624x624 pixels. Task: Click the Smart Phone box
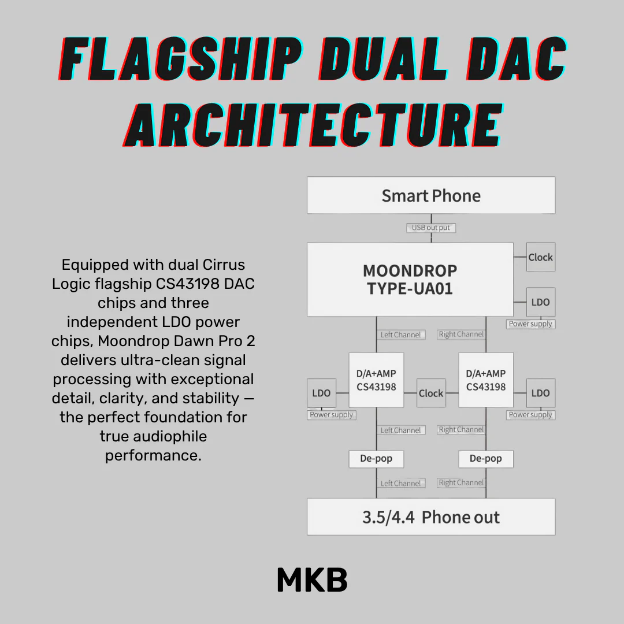[x=431, y=195]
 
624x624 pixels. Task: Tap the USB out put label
[x=431, y=228]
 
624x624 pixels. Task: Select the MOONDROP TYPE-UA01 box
[x=410, y=280]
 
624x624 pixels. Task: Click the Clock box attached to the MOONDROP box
[x=540, y=257]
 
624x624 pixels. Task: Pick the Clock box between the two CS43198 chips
[x=431, y=393]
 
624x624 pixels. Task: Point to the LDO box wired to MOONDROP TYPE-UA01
[x=540, y=302]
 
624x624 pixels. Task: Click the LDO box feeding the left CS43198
[x=322, y=393]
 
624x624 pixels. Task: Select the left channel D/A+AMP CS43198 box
[x=376, y=380]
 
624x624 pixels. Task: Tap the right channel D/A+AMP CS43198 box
[x=486, y=380]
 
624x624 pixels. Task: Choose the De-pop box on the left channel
[x=376, y=459]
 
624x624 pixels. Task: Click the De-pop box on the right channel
[x=486, y=459]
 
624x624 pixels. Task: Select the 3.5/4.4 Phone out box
[x=431, y=517]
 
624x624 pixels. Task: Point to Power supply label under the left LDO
[x=332, y=415]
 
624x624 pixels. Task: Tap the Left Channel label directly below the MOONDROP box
[x=401, y=335]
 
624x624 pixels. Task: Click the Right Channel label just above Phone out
[x=461, y=482]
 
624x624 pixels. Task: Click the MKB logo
[x=313, y=580]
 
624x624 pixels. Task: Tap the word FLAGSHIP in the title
[x=181, y=59]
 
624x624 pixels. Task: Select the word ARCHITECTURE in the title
[x=313, y=125]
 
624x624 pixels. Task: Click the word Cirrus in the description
[x=224, y=265]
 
